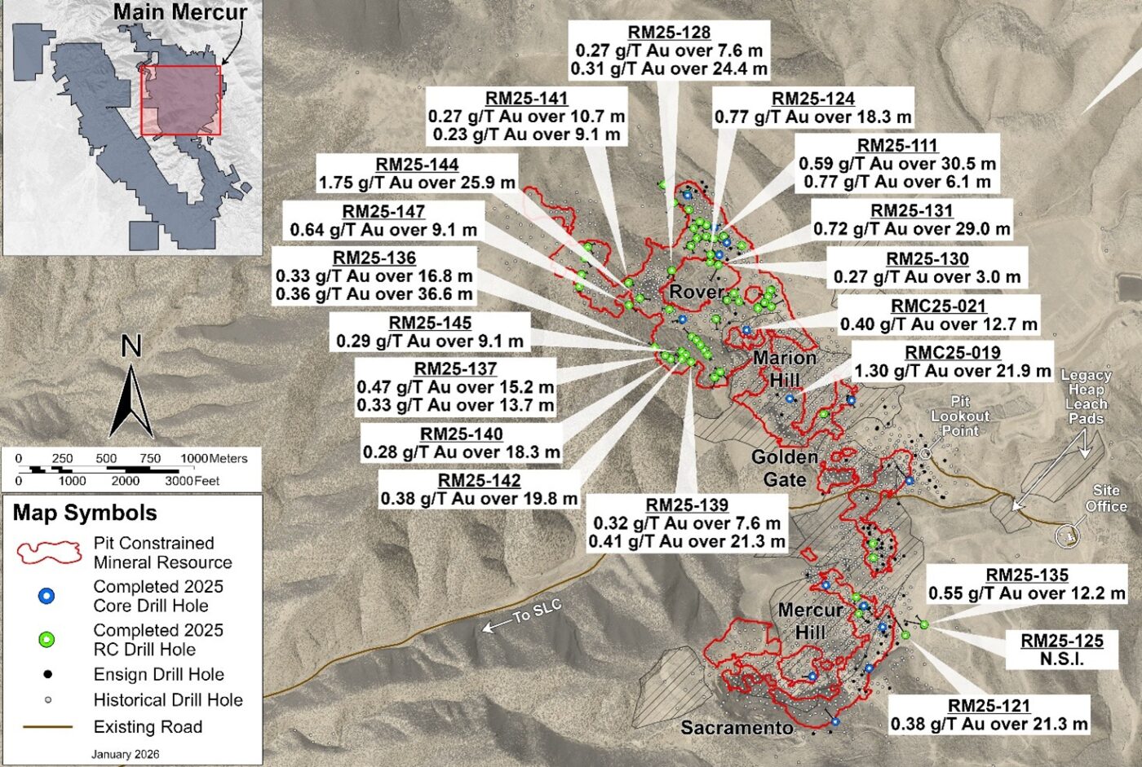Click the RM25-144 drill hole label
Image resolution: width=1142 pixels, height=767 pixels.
[x=417, y=165]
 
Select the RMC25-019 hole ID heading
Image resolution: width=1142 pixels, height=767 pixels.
[x=952, y=353]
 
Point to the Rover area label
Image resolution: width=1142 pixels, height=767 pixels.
[x=697, y=292]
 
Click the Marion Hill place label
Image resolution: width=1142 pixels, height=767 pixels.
[x=785, y=368]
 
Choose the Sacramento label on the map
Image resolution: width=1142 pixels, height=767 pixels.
[x=737, y=727]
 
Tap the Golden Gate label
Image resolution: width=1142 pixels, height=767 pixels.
[x=784, y=468]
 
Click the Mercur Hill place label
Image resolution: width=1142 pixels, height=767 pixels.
[x=810, y=620]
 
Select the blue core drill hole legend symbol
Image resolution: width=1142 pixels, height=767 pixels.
[x=47, y=597]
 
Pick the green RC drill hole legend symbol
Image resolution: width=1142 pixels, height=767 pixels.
[x=47, y=640]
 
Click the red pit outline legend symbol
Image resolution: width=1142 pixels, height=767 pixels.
[x=50, y=553]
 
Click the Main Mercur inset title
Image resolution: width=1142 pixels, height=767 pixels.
[x=179, y=12]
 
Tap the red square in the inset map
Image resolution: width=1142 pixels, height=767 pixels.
[x=181, y=100]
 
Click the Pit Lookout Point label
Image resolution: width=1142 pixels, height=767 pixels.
[x=960, y=416]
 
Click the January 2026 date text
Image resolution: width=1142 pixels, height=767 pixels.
[x=125, y=754]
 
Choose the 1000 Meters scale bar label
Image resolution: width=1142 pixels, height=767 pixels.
[x=214, y=459]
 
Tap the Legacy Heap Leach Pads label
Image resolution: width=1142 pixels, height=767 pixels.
[x=1085, y=397]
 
